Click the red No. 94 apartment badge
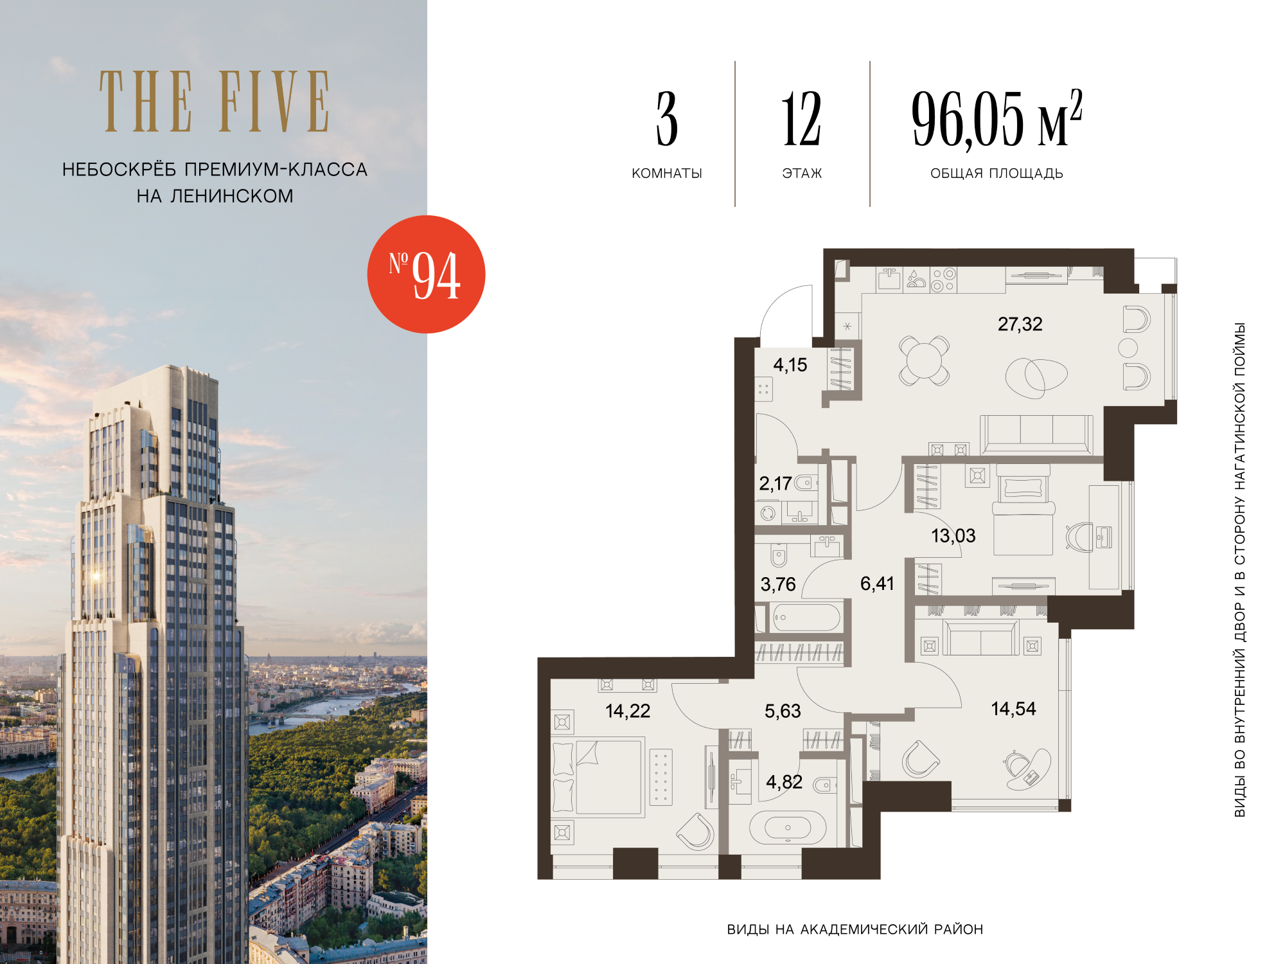point(426,274)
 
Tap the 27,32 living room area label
point(1020,324)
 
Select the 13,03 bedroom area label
point(953,535)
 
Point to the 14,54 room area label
point(1013,709)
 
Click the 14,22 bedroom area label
point(628,711)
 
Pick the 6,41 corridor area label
point(877,584)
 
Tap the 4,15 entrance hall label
point(790,365)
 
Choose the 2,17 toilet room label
point(775,483)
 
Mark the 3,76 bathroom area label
point(778,584)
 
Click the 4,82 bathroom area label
point(784,781)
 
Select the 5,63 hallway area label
point(783,711)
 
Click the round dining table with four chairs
point(924,361)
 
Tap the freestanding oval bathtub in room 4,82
point(788,827)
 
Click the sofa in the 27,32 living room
point(1036,435)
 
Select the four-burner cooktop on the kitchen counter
point(943,280)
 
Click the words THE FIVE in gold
point(215,102)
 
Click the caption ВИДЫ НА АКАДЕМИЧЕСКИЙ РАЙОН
point(855,929)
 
